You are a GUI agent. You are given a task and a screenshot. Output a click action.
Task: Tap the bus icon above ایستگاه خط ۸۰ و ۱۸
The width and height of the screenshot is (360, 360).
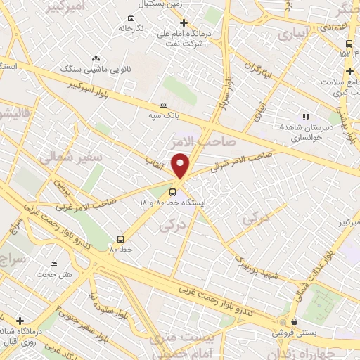click(x=173, y=191)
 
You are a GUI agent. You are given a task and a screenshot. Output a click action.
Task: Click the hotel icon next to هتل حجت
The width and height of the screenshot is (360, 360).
click(x=54, y=264)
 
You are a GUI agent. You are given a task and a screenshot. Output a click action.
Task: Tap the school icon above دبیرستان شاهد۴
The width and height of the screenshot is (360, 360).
click(x=305, y=117)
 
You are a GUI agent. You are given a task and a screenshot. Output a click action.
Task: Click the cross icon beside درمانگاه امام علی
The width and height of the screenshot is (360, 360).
click(x=184, y=22)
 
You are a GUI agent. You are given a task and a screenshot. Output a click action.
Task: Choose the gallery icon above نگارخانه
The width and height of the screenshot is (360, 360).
click(x=130, y=18)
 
